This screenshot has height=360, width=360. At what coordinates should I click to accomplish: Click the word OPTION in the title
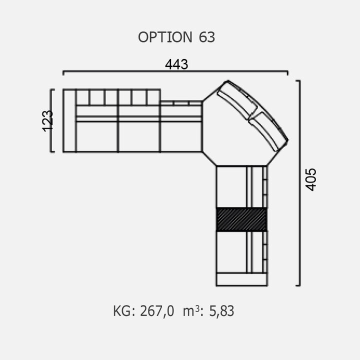(x=165, y=37)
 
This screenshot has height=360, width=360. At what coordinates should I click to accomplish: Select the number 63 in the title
(x=207, y=37)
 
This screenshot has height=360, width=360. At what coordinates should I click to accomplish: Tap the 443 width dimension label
(x=176, y=64)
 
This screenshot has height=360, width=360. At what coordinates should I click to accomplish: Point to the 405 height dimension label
(x=310, y=179)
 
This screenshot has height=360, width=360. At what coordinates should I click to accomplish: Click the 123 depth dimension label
(x=48, y=121)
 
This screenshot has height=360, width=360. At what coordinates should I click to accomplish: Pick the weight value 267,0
(x=157, y=311)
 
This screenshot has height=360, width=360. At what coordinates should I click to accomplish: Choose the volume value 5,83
(x=221, y=311)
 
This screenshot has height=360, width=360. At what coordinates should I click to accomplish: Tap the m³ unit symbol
(x=191, y=311)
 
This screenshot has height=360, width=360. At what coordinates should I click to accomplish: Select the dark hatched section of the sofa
(x=241, y=219)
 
